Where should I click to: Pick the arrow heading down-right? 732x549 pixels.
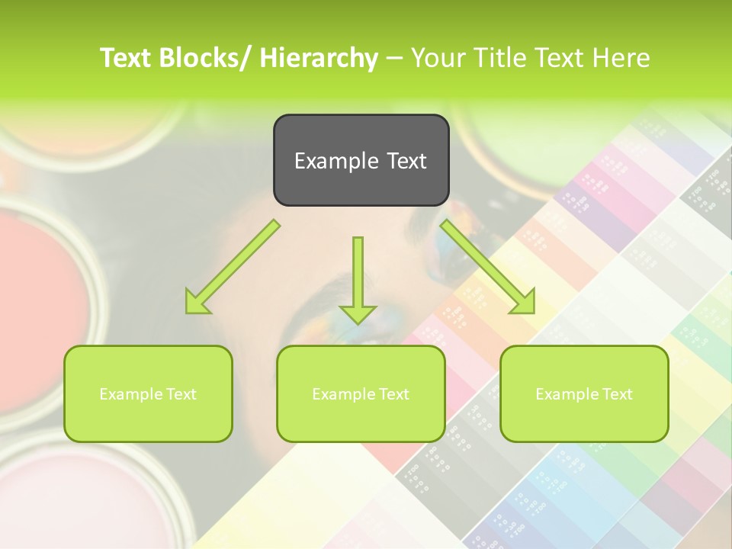pos(488,267)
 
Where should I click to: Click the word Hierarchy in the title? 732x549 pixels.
pos(318,58)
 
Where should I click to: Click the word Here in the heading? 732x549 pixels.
pos(622,58)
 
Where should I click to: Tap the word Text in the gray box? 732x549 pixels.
pos(406,161)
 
